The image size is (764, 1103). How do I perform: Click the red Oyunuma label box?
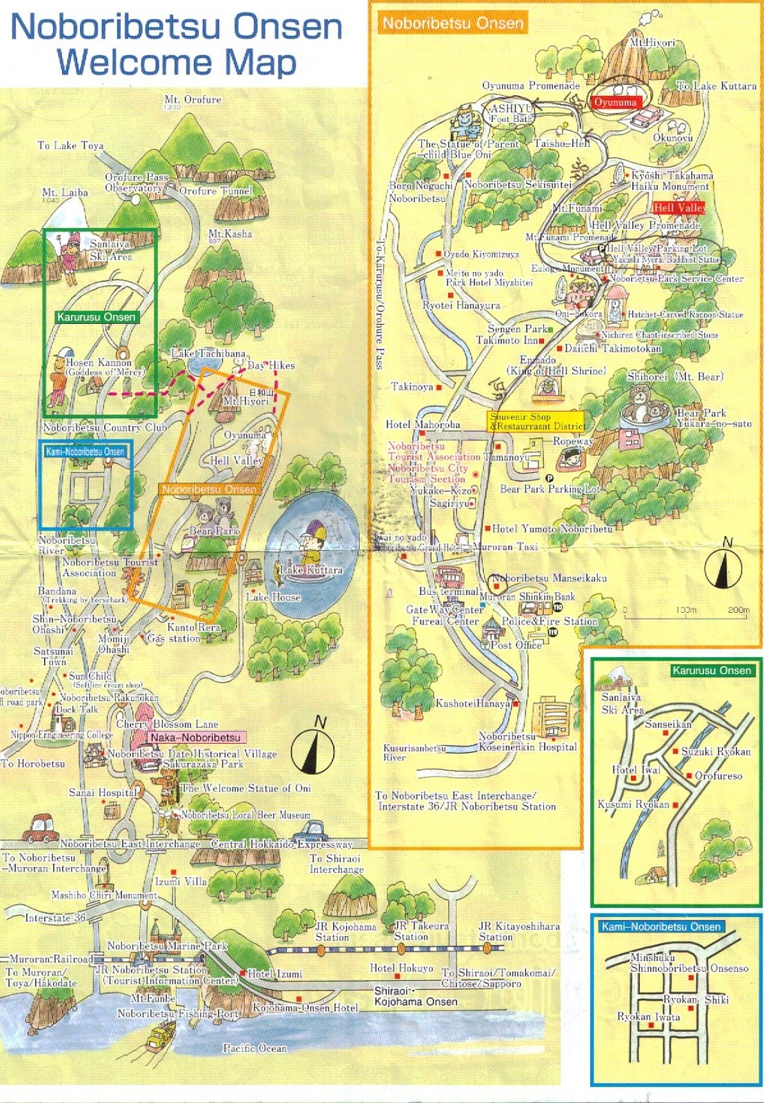(x=616, y=102)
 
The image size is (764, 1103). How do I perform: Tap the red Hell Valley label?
(x=678, y=208)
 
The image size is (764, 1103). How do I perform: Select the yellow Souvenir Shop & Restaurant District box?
(x=536, y=421)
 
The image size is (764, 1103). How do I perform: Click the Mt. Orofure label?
(x=192, y=100)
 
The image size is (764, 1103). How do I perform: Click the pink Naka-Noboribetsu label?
(x=196, y=738)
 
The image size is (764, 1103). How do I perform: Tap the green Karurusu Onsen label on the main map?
(x=97, y=317)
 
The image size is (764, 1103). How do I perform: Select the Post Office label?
(x=516, y=645)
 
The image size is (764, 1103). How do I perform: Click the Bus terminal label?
(x=448, y=591)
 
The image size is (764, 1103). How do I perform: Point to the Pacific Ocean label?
(x=254, y=1049)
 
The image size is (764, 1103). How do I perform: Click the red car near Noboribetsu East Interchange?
(x=43, y=828)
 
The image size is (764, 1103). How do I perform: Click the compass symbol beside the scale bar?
(x=723, y=569)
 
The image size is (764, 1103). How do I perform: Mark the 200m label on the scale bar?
(x=738, y=610)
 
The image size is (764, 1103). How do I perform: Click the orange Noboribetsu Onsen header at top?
(x=453, y=23)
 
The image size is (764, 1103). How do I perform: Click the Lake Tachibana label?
(x=208, y=354)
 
